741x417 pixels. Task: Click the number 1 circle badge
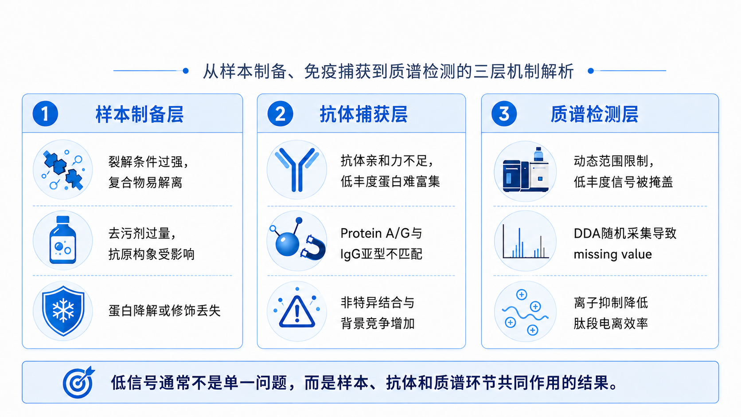click(x=45, y=114)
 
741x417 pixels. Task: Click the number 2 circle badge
click(x=280, y=114)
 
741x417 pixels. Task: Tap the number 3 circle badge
click(x=504, y=114)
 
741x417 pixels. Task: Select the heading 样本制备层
click(x=140, y=114)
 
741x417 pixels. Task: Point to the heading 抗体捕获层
click(x=363, y=114)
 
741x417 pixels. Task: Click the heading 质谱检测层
click(x=594, y=114)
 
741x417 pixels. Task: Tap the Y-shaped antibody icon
click(x=297, y=169)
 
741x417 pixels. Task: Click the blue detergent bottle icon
click(x=63, y=240)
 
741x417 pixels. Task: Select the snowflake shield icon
click(x=63, y=311)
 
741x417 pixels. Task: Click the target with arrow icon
click(x=79, y=382)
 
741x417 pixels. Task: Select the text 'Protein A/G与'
click(x=381, y=233)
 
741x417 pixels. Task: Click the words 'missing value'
click(x=612, y=254)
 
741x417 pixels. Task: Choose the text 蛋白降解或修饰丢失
click(x=164, y=311)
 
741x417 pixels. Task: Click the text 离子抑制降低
click(x=611, y=303)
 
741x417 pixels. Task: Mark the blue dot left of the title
click(x=186, y=70)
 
